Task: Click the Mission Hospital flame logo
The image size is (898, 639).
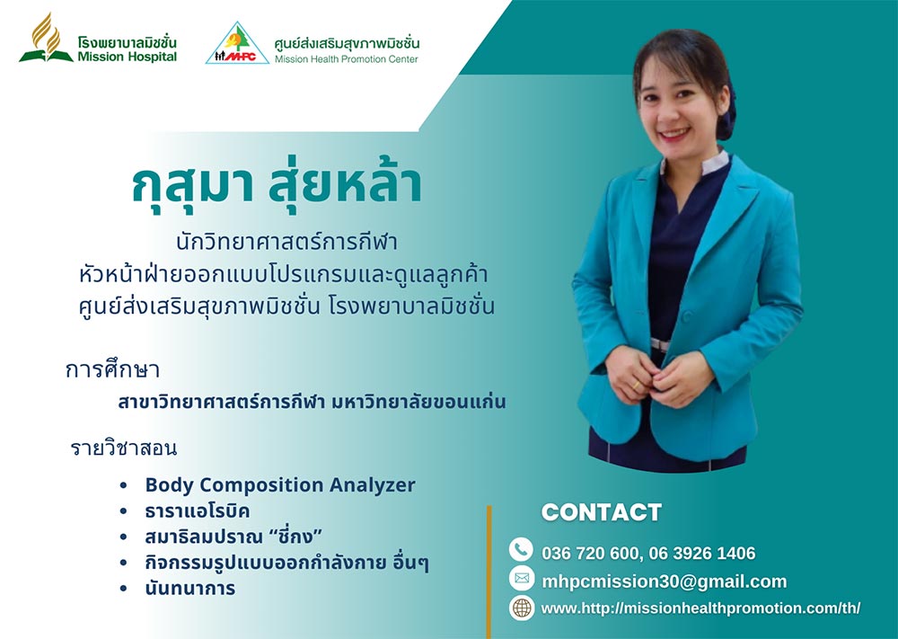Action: click(46, 38)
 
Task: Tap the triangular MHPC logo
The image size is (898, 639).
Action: click(237, 43)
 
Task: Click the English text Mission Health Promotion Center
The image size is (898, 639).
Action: click(346, 58)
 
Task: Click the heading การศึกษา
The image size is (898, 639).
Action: click(112, 369)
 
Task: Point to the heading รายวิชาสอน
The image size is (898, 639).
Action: click(124, 447)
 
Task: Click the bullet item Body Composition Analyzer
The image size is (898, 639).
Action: click(280, 484)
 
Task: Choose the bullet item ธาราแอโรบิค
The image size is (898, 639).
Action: click(197, 510)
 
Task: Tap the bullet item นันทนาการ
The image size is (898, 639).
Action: click(190, 588)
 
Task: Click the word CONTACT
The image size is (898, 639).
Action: click(602, 511)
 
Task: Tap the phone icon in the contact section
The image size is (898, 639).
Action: click(521, 550)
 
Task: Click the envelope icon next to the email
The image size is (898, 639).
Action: click(521, 578)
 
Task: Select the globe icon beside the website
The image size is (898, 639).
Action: click(521, 608)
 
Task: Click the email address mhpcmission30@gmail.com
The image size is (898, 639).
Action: click(665, 581)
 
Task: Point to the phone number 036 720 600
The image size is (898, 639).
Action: click(590, 553)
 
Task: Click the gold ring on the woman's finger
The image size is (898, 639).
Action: click(637, 385)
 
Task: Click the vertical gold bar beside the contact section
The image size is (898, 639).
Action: click(489, 572)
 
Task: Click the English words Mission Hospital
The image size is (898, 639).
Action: click(128, 56)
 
